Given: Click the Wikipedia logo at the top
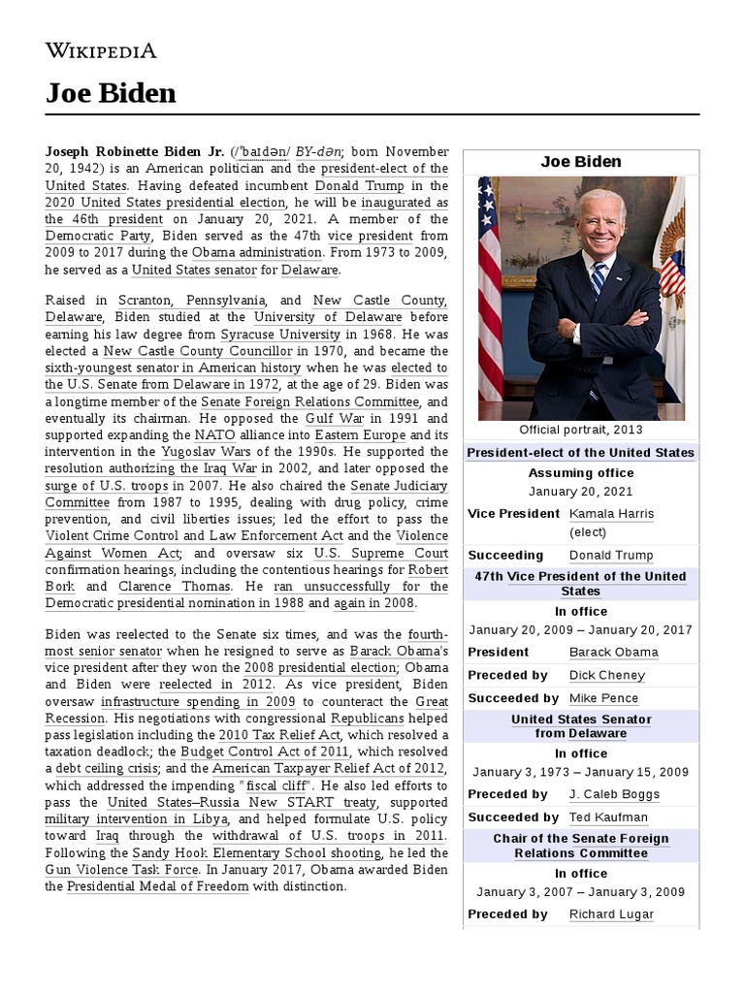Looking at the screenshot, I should (101, 50).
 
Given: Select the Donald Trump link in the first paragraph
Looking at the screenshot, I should (359, 185).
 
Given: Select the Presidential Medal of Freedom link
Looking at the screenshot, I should (158, 885).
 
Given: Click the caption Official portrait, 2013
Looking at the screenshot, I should (580, 430).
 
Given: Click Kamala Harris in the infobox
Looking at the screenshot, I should (611, 513).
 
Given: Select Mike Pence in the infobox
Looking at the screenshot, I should (603, 698).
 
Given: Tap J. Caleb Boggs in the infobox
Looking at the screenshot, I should (614, 794).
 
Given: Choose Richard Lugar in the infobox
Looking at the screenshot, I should (611, 913).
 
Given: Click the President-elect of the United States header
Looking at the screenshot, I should (580, 453).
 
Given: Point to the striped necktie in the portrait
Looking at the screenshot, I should (598, 280).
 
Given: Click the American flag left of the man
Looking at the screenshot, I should (490, 291).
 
